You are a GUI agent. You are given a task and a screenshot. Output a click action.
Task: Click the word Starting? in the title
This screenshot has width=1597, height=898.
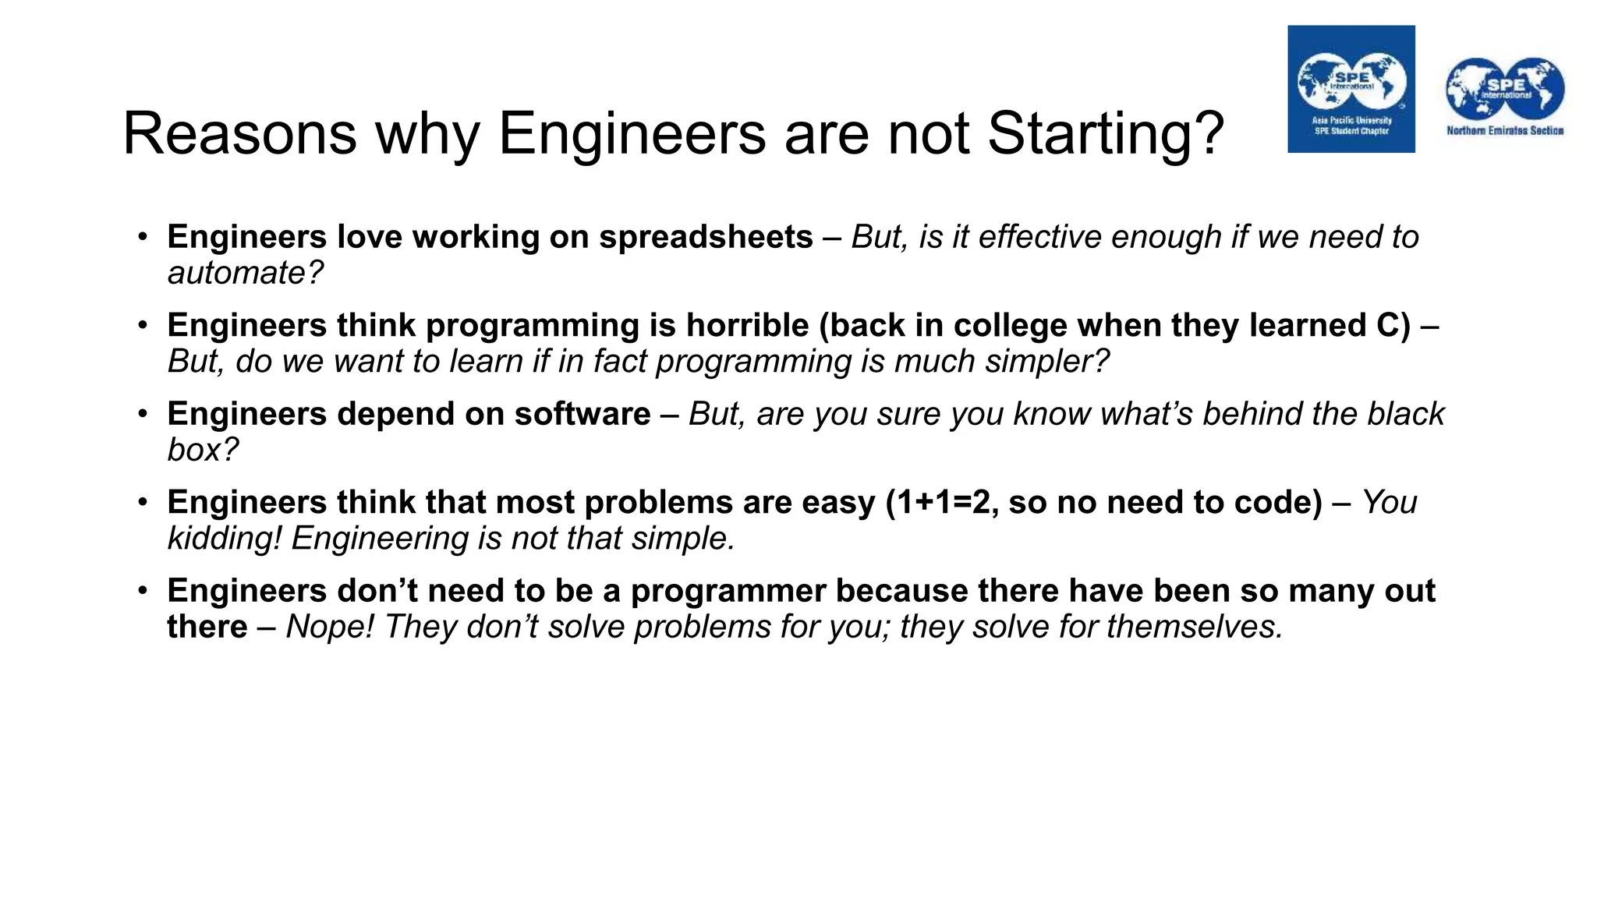(1106, 134)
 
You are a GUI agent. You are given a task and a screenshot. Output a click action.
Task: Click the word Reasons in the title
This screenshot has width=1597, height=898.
(239, 134)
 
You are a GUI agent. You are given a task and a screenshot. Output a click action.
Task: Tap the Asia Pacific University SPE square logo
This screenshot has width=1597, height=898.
(1351, 89)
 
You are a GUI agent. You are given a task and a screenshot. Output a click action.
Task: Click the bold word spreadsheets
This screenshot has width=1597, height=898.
(705, 237)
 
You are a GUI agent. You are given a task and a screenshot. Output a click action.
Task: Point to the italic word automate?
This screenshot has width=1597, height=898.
(245, 273)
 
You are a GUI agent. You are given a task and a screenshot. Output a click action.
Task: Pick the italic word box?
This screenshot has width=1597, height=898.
(203, 450)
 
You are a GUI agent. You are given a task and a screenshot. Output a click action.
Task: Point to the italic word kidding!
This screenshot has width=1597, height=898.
(224, 539)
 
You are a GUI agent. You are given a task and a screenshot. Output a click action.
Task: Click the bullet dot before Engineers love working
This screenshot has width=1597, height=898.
(143, 236)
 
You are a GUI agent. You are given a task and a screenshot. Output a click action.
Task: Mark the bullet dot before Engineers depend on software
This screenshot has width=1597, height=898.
(143, 413)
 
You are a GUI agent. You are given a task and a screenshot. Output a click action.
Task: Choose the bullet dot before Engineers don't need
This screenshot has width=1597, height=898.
(143, 590)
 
